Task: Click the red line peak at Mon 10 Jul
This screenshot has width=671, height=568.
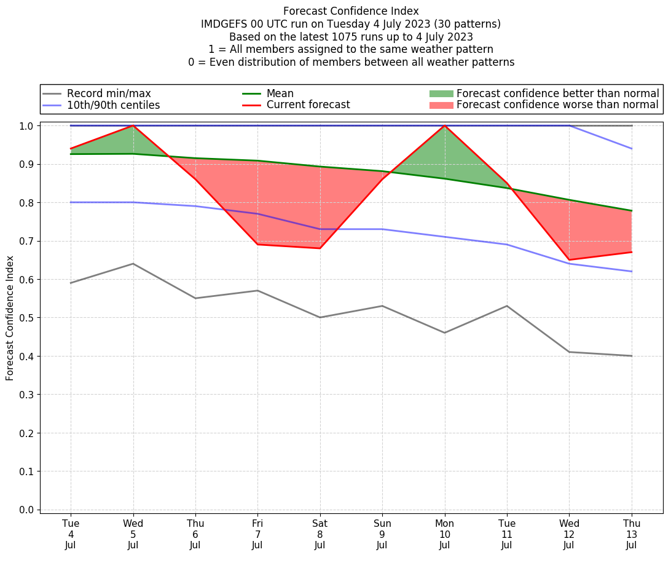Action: pyautogui.click(x=444, y=126)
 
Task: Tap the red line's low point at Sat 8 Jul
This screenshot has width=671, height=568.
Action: pyautogui.click(x=320, y=248)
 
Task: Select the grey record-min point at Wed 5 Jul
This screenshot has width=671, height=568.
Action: pyautogui.click(x=133, y=264)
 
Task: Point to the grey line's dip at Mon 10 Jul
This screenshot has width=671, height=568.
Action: pyautogui.click(x=444, y=333)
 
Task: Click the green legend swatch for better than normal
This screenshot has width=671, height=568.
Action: pyautogui.click(x=441, y=93)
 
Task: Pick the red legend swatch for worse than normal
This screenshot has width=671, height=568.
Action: pyautogui.click(x=441, y=105)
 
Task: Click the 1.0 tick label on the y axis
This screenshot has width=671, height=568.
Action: pyautogui.click(x=26, y=126)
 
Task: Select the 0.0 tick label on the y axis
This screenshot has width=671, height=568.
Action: pyautogui.click(x=26, y=510)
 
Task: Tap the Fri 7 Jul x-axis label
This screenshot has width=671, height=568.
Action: pyautogui.click(x=257, y=534)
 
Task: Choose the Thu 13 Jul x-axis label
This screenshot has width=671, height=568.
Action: pyautogui.click(x=631, y=534)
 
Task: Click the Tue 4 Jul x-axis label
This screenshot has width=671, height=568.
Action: pyautogui.click(x=71, y=534)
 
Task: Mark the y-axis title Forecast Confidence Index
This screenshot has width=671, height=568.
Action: pyautogui.click(x=10, y=318)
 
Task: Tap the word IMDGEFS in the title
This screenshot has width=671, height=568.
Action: pyautogui.click(x=222, y=24)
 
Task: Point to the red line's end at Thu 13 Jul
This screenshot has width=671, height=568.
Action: pyautogui.click(x=631, y=252)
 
